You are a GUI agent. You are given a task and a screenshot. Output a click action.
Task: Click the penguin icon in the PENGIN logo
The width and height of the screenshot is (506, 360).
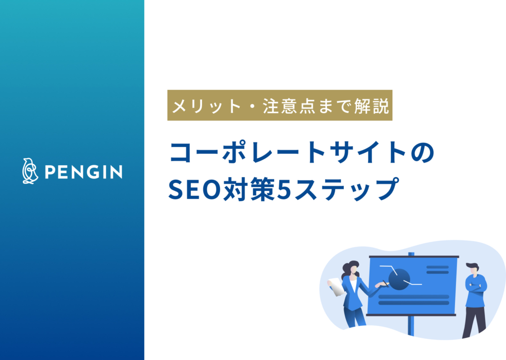pos(29,171)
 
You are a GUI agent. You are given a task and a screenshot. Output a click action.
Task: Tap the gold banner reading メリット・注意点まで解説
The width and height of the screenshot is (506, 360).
pos(280,105)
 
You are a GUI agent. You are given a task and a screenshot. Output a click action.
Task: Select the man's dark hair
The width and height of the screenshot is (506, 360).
pos(472,266)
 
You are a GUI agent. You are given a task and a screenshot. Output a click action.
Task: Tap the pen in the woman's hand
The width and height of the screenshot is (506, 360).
pos(384,282)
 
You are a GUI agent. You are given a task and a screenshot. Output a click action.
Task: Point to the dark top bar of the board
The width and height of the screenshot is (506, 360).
pos(413,257)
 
